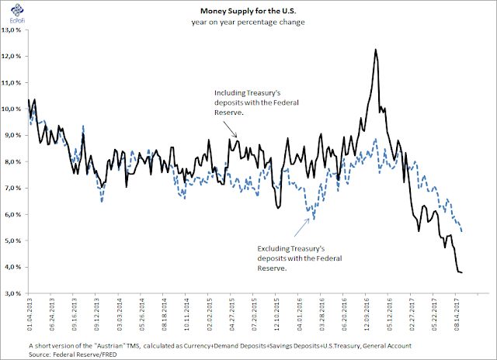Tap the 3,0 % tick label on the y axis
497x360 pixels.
pyautogui.click(x=14, y=294)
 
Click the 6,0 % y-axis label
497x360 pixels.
pyautogui.click(x=14, y=215)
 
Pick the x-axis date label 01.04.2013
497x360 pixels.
pyautogui.click(x=29, y=318)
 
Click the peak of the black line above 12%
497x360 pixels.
pyautogui.click(x=376, y=50)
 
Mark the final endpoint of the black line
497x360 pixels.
pyautogui.click(x=463, y=272)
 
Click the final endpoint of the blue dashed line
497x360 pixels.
pyautogui.click(x=463, y=231)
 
